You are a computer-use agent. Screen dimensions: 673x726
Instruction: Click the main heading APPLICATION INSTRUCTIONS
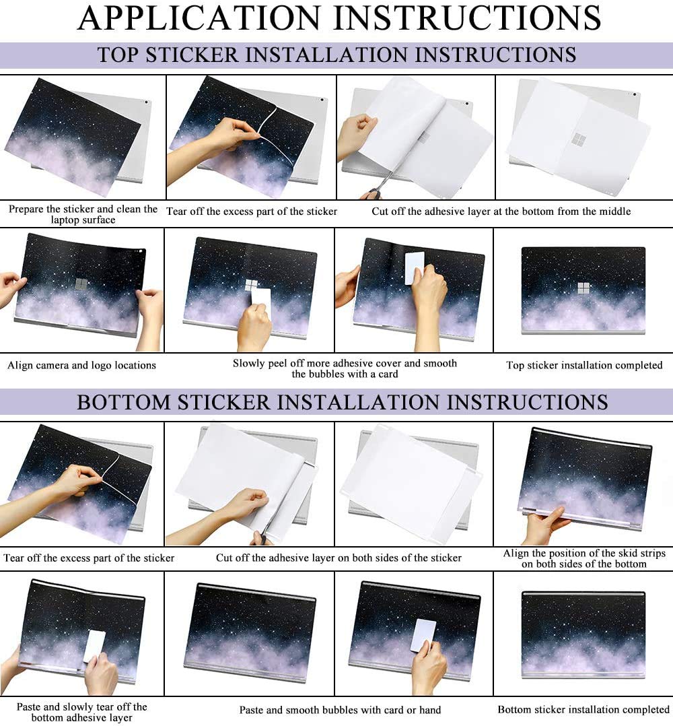pyautogui.click(x=339, y=18)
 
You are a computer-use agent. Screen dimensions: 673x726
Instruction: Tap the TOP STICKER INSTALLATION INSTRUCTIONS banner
pyautogui.click(x=336, y=55)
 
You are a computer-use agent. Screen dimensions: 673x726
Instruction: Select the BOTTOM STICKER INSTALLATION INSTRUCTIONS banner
pyautogui.click(x=336, y=402)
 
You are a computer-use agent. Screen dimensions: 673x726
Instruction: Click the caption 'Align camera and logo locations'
pyautogui.click(x=81, y=365)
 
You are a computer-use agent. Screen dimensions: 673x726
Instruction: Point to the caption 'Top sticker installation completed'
pyautogui.click(x=584, y=365)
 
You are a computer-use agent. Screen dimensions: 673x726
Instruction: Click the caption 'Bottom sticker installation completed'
pyautogui.click(x=583, y=709)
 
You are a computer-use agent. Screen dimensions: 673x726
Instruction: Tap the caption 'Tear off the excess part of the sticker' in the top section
pyautogui.click(x=252, y=211)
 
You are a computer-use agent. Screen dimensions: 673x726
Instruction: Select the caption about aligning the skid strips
pyautogui.click(x=584, y=558)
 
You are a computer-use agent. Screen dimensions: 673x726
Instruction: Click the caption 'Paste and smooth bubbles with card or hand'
pyautogui.click(x=340, y=710)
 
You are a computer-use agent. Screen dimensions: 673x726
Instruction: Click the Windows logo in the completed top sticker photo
pyautogui.click(x=583, y=288)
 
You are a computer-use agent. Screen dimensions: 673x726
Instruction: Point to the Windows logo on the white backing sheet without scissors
pyautogui.click(x=579, y=139)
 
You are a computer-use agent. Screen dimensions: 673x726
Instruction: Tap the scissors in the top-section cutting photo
pyautogui.click(x=384, y=185)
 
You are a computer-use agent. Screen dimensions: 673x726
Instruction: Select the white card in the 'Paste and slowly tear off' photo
pyautogui.click(x=95, y=647)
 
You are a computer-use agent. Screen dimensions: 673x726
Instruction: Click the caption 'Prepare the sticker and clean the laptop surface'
pyautogui.click(x=83, y=214)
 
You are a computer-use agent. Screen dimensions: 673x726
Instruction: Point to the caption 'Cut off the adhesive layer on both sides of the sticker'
pyautogui.click(x=339, y=558)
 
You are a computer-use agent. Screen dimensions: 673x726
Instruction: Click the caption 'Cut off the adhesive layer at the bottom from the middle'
pyautogui.click(x=501, y=211)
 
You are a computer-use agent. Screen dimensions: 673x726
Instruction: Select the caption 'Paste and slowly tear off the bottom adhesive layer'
pyautogui.click(x=82, y=712)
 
